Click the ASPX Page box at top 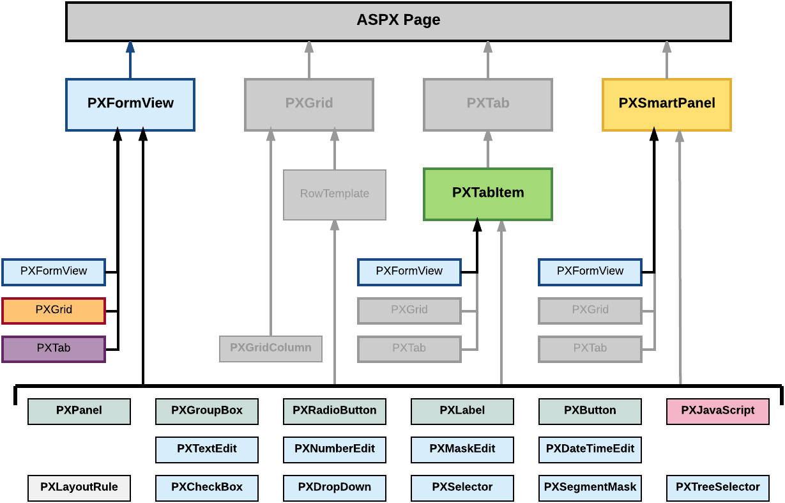coord(399,21)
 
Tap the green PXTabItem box coord(488,194)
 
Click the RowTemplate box coord(335,194)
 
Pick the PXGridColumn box coord(271,348)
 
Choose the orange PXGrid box coord(54,311)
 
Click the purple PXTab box coord(54,349)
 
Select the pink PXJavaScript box coord(718,411)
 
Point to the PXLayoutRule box coord(79,488)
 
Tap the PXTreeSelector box coord(718,488)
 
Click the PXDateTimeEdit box coord(590,449)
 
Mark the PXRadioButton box coord(335,411)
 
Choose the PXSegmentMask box coord(590,488)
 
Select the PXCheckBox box coord(207,488)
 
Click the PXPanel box coord(79,411)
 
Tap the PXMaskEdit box coord(462,449)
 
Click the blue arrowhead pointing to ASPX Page coord(130,47)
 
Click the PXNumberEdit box coord(335,449)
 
